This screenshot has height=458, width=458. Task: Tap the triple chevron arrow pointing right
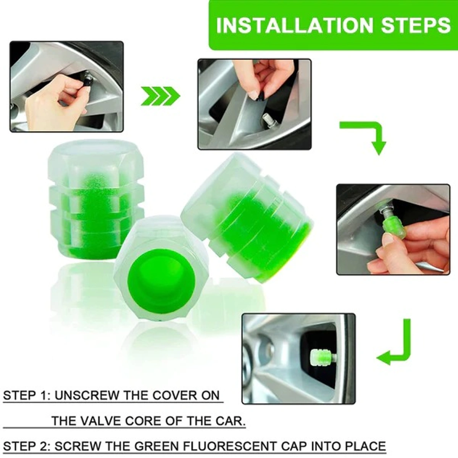(x=160, y=96)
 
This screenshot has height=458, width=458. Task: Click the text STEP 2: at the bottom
(x=26, y=446)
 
